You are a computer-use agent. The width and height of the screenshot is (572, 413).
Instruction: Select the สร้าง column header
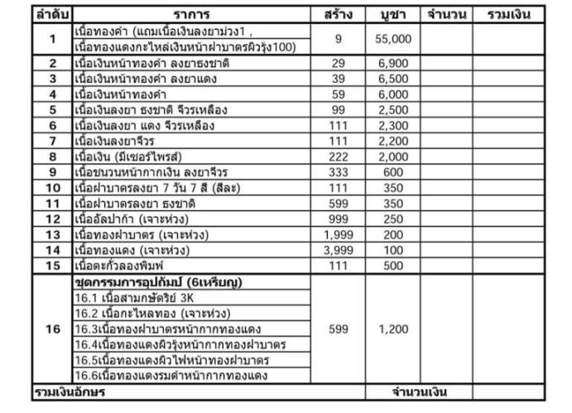point(339,14)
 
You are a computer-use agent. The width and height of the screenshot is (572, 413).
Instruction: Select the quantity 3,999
point(339,249)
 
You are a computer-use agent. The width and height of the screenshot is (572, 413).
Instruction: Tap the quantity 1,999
point(339,234)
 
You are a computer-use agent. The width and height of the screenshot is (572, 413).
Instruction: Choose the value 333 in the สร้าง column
point(339,172)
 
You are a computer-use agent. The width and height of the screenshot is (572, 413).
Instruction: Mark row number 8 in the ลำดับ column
point(52,156)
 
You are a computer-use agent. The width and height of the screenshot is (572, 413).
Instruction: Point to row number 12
point(52,219)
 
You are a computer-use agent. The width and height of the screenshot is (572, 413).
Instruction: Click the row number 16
point(52,329)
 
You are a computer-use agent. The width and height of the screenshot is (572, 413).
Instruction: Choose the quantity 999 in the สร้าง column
point(339,219)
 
